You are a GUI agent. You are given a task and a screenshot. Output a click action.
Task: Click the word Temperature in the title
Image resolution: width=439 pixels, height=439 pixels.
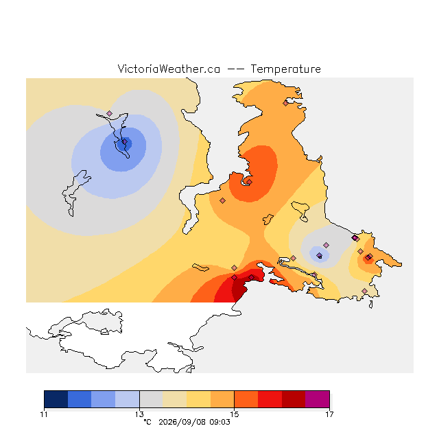285,69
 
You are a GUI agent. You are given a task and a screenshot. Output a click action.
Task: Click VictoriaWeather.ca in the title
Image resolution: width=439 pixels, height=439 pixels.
169,69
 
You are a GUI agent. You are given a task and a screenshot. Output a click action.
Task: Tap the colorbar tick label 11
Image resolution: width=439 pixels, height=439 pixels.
44,414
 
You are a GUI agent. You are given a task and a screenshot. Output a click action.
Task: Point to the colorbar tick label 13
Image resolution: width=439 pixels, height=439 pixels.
139,414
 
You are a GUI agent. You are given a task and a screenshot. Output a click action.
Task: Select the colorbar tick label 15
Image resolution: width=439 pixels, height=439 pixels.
235,414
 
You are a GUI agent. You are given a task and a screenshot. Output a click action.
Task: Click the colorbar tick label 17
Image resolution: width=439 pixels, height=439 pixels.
329,414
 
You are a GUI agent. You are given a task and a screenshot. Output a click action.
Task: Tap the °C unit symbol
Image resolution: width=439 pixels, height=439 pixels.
147,422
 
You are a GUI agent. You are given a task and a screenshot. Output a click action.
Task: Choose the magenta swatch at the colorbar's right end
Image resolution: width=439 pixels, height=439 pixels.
318,399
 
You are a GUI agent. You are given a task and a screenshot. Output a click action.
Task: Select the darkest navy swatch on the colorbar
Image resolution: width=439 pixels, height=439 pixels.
56,399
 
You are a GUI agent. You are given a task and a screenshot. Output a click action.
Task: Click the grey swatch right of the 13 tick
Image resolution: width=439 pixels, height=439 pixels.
151,399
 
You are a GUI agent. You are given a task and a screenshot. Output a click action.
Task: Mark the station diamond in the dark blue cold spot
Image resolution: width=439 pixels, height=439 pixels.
125,142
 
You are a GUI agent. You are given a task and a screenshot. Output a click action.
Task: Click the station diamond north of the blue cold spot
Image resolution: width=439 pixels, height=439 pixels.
110,113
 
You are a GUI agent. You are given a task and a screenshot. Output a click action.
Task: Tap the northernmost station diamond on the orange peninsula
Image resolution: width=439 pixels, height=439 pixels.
285,104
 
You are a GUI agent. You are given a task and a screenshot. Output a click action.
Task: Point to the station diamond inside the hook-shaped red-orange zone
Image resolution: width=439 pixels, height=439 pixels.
249,182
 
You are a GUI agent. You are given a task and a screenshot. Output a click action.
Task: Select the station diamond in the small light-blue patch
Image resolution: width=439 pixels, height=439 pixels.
319,255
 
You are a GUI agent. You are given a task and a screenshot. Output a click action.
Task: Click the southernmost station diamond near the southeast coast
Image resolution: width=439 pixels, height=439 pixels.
364,291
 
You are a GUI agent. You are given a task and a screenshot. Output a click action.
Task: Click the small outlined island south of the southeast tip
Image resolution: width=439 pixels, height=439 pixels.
371,305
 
